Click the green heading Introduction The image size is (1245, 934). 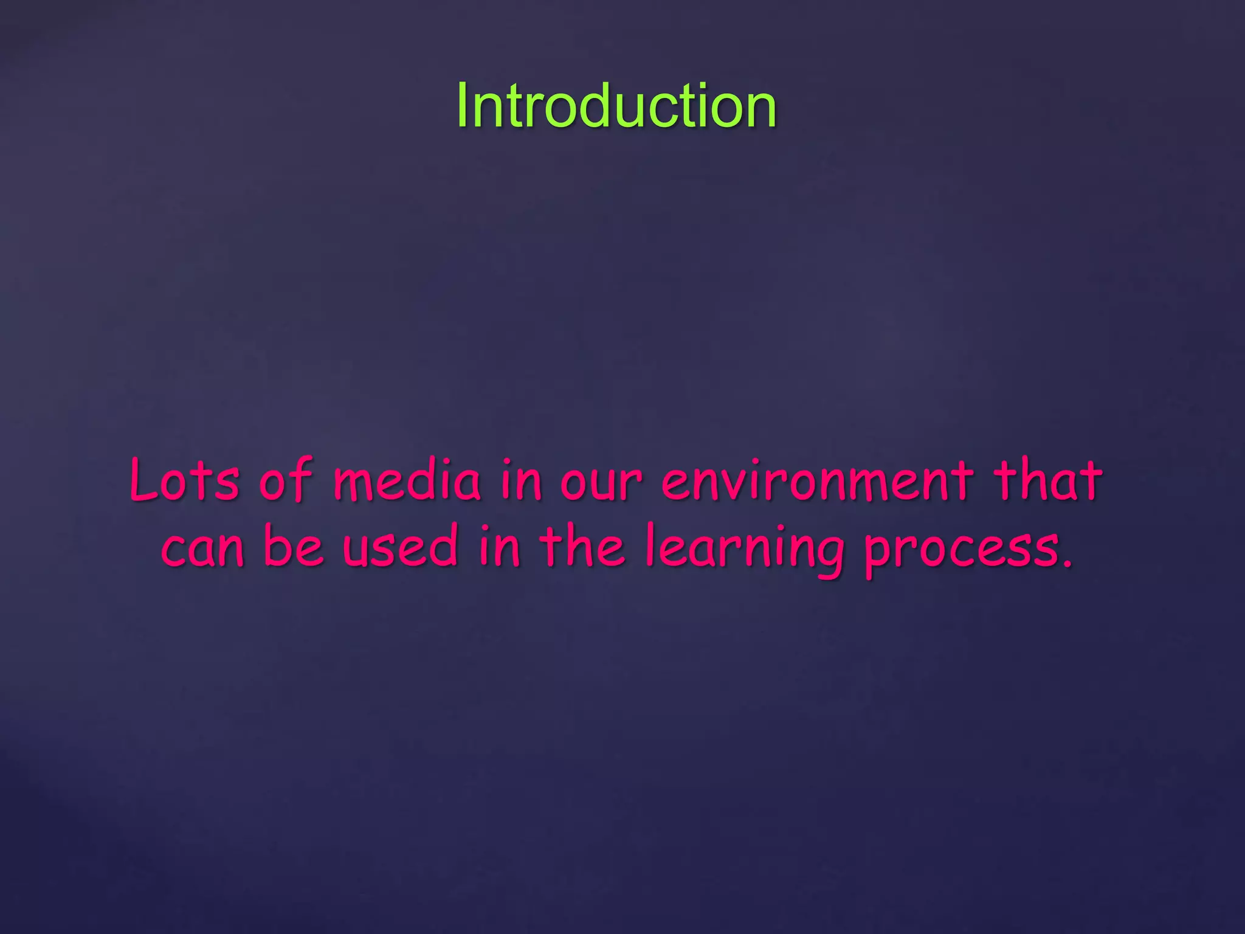coord(616,106)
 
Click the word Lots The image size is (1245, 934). coord(184,480)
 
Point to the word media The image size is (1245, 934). coord(407,480)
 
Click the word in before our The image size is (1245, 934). coord(520,480)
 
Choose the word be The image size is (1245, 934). coord(292,545)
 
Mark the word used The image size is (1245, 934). coord(399,545)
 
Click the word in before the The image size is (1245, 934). coord(499,545)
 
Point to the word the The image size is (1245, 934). coord(582,545)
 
